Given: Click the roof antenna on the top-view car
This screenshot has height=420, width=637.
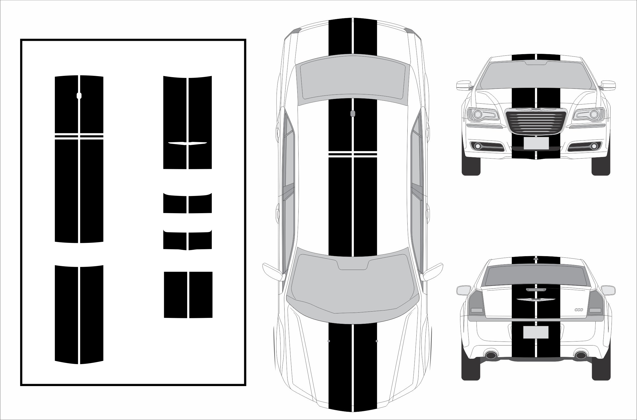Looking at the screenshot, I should click(352, 113).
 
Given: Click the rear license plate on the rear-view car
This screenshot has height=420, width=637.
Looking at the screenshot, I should click(536, 332).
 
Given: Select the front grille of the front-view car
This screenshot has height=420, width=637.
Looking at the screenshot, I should click(536, 121).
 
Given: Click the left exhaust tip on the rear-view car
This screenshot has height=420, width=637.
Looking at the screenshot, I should click(491, 355).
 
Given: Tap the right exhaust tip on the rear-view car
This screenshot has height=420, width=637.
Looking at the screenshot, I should click(581, 355).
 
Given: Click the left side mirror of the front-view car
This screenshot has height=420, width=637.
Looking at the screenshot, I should click(463, 85).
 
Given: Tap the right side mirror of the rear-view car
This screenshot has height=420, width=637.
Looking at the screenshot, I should click(608, 290).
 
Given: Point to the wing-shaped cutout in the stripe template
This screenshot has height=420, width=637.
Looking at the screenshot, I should click(187, 143).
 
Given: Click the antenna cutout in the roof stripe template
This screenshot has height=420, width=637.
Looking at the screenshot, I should click(79, 96).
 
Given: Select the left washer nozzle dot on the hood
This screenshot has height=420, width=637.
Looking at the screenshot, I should click(329, 341).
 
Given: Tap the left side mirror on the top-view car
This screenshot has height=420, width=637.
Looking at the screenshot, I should click(273, 272).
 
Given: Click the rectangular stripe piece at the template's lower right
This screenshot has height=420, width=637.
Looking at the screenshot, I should click(188, 295).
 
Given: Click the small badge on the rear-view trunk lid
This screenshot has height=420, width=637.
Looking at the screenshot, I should click(579, 310).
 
